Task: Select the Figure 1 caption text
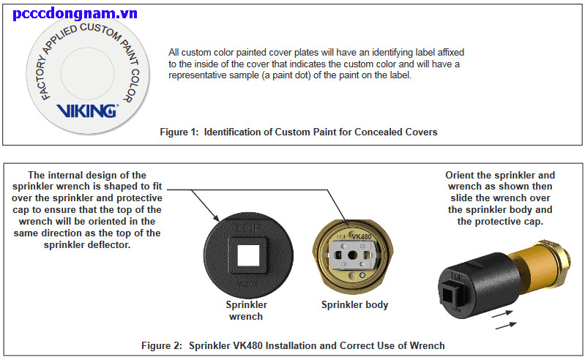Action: coord(298,132)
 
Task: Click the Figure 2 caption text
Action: coord(293,345)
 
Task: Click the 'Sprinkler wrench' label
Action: coord(246,310)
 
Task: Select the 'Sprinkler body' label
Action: coord(354,304)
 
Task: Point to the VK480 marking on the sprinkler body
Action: coord(364,237)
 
